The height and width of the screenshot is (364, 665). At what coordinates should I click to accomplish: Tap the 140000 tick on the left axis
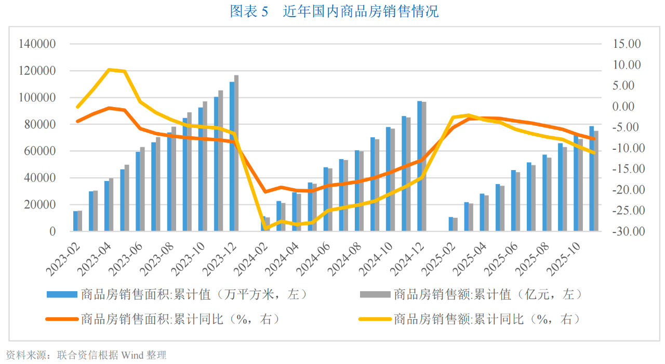[37, 44]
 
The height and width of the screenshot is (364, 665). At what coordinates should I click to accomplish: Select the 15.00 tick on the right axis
[627, 44]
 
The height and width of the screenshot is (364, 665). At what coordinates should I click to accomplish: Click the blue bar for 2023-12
[232, 156]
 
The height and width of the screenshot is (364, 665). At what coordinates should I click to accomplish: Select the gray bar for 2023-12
[236, 153]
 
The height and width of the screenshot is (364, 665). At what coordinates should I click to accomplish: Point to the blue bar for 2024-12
[420, 166]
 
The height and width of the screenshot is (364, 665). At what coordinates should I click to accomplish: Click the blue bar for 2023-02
[75, 221]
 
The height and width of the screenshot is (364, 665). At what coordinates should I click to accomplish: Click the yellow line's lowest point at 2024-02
[266, 228]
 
